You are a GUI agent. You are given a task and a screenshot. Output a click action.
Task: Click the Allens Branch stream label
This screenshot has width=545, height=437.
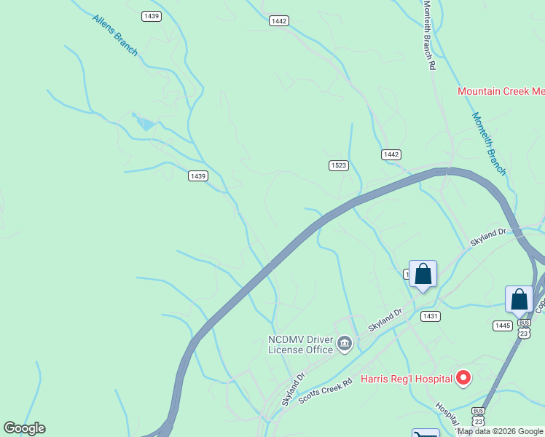(115, 34)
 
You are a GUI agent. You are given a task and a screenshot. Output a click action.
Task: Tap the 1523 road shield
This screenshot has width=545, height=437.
(338, 165)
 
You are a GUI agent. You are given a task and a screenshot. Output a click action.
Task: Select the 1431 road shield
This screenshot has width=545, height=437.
(430, 315)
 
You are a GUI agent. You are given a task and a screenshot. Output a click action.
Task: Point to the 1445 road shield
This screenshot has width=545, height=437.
(502, 326)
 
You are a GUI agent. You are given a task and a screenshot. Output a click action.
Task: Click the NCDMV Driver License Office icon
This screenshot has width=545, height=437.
(345, 342)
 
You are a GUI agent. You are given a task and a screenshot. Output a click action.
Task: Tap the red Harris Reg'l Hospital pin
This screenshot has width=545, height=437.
(463, 378)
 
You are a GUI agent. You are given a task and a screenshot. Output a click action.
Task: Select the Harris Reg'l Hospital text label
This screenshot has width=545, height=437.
(407, 379)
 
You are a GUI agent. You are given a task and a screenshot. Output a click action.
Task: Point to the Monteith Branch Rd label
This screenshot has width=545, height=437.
(430, 35)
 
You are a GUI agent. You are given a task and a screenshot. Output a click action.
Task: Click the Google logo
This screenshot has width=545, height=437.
(25, 428)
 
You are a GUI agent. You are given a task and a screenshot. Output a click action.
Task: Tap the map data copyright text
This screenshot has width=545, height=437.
(500, 431)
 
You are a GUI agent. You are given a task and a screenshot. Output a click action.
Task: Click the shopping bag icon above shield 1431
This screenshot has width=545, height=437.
(423, 275)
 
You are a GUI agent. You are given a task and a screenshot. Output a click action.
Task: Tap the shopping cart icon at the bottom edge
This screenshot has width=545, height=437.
(426, 433)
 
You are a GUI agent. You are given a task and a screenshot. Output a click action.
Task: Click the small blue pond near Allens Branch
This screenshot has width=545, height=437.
(145, 123)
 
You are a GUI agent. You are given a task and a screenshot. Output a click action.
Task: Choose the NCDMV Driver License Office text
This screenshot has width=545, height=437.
(300, 345)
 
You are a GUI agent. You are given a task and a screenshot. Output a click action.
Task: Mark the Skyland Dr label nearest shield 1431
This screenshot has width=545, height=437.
(385, 320)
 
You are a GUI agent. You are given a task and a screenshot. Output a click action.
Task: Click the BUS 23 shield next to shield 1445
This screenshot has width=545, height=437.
(524, 327)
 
